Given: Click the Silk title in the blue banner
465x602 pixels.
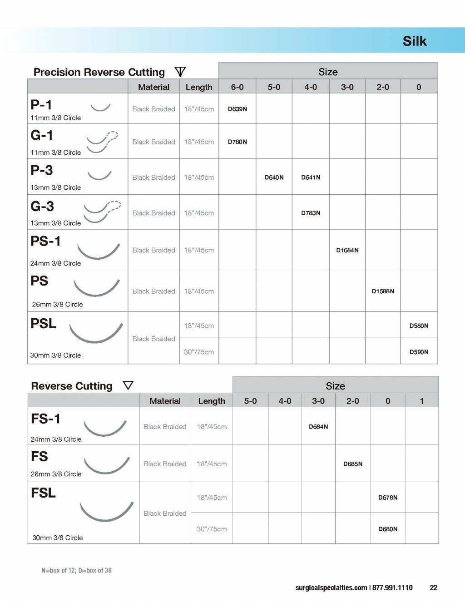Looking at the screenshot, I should pos(414,41).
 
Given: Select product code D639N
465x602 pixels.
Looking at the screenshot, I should pos(237,109).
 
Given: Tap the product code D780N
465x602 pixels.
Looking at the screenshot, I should pos(237,142).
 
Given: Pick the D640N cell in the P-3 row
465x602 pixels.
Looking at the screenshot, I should pos(274,178).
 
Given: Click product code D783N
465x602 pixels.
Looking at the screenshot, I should pos(311,213).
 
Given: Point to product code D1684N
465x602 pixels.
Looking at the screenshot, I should pos(347,250).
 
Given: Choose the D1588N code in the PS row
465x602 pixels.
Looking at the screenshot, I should pos(383,291).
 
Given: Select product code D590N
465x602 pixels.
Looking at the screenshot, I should pos(419,352).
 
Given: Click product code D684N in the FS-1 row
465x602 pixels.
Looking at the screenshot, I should pos(318,427).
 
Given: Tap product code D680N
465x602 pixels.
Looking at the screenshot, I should pos(388,529).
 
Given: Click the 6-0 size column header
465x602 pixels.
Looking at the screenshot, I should pos(237,87).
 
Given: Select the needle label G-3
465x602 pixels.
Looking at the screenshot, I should pos(42,207).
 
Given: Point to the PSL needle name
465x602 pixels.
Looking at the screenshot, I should pos(43,324).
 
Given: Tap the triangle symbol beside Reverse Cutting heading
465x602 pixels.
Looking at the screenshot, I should pos(128,385).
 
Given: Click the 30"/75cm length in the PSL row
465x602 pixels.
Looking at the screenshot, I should pos(199,352).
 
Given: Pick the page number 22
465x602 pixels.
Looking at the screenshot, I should pos(434,587).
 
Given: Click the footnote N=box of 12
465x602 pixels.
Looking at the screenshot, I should pos(59,570).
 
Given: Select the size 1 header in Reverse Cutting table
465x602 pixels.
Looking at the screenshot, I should pos(422,401).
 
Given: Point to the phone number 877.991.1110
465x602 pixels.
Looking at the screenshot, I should pos(392,587).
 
